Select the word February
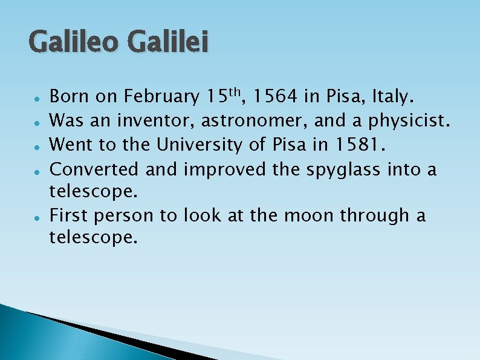coord(161,96)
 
